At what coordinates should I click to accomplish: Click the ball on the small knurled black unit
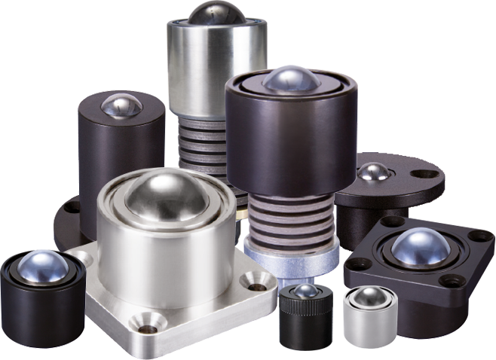pyautogui.click(x=305, y=291)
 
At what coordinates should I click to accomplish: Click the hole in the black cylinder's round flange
pyautogui.click(x=72, y=206)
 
